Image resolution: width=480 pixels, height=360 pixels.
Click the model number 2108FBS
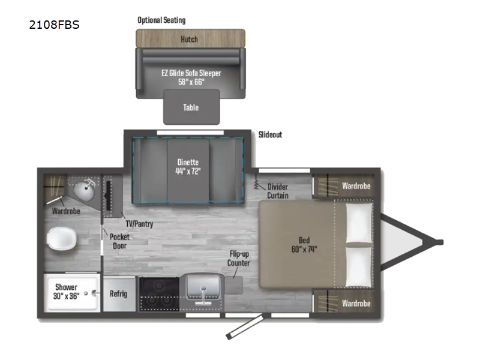tap(54, 25)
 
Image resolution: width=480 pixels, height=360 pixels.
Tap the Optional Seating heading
tap(161, 20)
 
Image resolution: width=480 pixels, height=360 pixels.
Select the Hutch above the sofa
tap(190, 38)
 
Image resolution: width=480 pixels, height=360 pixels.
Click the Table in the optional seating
tap(191, 107)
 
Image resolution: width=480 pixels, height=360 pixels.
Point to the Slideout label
tap(270, 134)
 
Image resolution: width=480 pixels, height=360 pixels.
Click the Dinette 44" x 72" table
tap(188, 170)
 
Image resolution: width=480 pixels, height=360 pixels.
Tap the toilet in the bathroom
tap(62, 238)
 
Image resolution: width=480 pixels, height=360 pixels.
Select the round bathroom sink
tap(84, 190)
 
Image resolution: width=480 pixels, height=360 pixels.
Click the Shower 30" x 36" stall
tap(72, 292)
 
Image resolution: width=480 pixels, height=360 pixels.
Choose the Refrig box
tap(119, 294)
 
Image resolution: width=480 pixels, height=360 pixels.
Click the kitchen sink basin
tap(203, 286)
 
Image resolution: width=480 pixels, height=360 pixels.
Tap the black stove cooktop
tap(159, 294)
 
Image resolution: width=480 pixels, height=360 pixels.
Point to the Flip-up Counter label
tap(238, 259)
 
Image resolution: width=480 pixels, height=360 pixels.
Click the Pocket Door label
tap(119, 241)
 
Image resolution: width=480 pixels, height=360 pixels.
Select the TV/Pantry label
tap(139, 224)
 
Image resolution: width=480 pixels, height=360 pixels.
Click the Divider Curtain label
tap(278, 191)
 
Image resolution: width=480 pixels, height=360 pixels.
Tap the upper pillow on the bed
tap(359, 223)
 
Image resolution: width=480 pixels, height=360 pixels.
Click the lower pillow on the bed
tap(359, 267)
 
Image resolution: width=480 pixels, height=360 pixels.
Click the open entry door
tap(245, 326)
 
